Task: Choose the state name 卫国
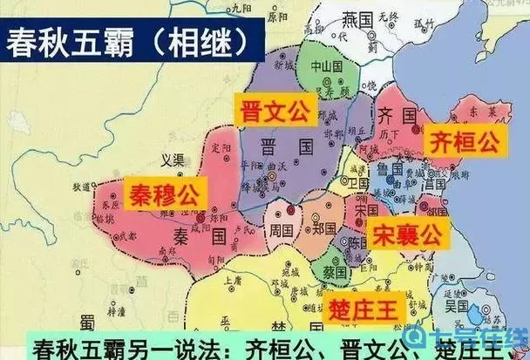pos(356,186)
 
